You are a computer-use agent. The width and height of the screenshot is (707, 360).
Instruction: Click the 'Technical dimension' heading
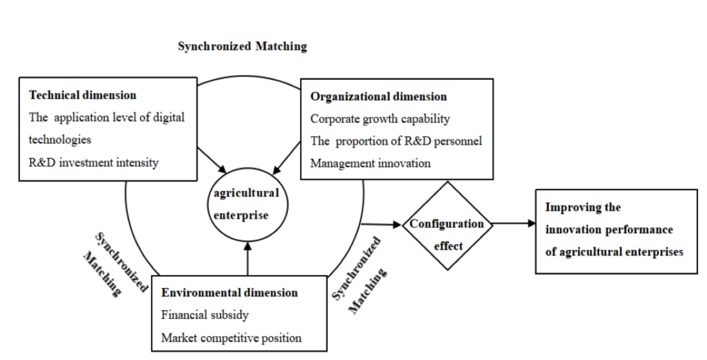[83, 95]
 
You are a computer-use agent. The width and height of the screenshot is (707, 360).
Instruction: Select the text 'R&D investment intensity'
[93, 162]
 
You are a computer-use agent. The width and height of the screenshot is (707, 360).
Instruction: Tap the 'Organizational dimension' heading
[379, 96]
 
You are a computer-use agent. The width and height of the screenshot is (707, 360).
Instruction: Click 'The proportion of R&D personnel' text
[396, 141]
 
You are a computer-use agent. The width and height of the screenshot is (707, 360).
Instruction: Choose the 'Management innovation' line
[370, 163]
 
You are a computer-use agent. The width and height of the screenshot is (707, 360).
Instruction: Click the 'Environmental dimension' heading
[229, 292]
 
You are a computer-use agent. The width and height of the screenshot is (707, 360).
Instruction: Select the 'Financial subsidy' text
[204, 315]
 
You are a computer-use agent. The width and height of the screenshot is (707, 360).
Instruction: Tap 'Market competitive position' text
[231, 337]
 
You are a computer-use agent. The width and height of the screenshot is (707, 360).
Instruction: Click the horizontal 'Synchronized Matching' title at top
[242, 46]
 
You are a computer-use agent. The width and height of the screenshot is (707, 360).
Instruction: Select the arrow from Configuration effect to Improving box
[514, 224]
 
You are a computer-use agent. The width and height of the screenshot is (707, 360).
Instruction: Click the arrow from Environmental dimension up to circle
[247, 257]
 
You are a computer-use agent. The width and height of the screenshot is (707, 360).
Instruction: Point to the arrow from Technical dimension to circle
[213, 160]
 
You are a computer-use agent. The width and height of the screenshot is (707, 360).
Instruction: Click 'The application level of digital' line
[107, 117]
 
